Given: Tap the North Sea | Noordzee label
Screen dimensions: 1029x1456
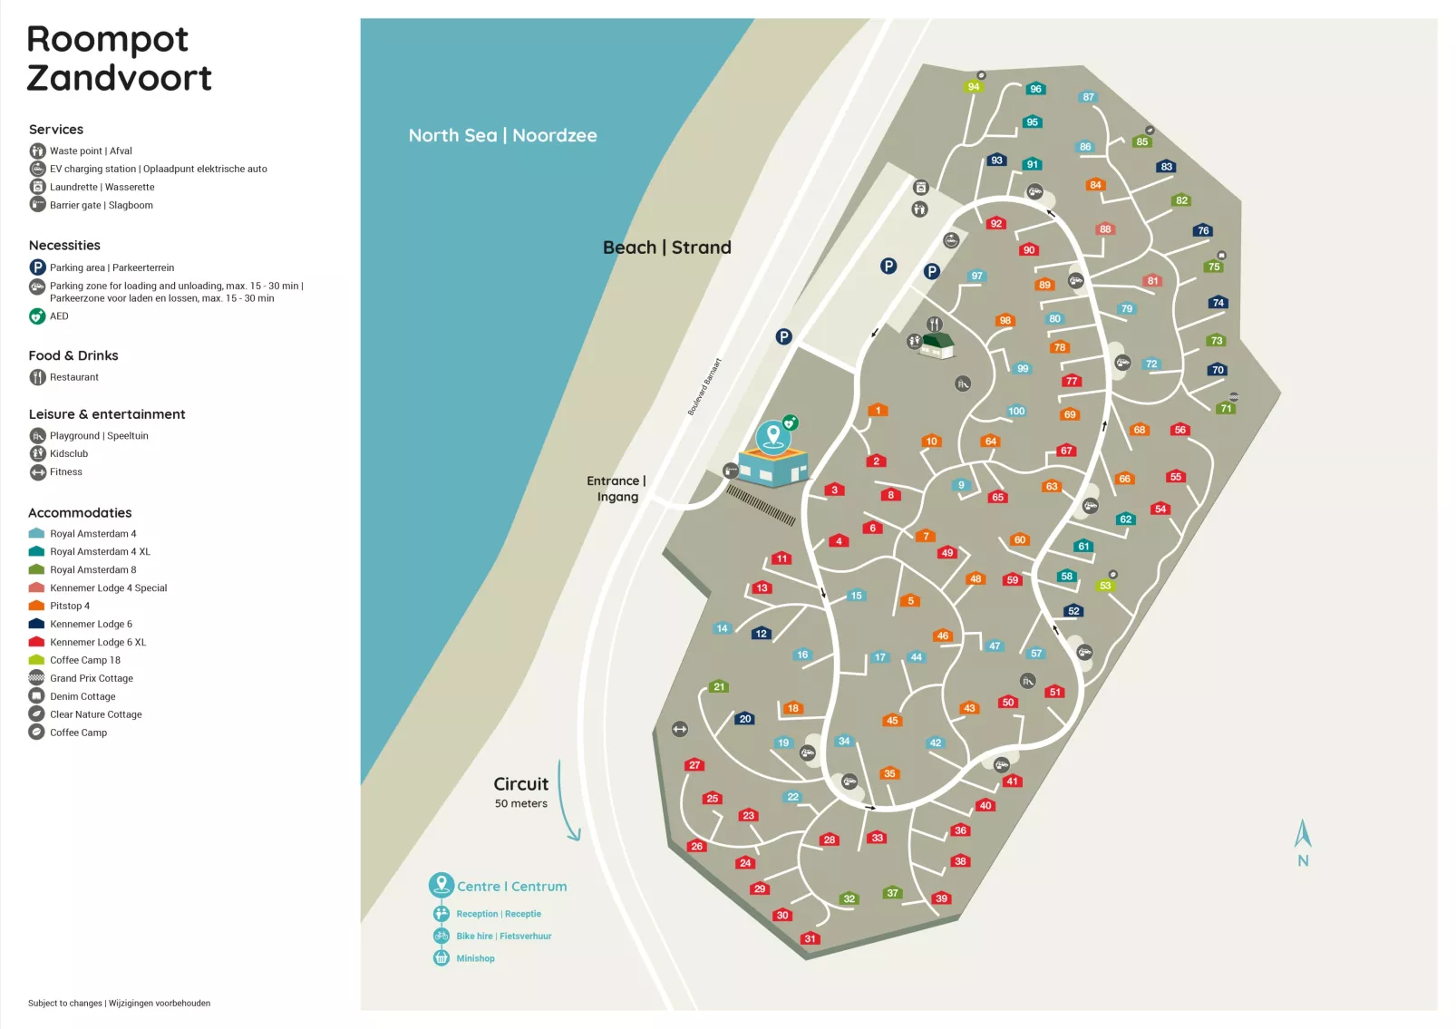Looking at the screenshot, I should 502,135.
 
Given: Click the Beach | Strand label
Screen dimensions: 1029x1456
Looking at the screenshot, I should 666,248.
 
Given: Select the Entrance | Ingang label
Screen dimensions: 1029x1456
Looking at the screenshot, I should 616,489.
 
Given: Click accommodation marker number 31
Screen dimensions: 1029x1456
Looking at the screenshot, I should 810,938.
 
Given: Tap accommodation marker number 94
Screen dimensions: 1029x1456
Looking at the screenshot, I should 973,87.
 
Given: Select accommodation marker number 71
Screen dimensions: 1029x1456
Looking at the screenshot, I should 1226,408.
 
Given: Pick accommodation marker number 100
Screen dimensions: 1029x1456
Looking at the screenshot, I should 1016,411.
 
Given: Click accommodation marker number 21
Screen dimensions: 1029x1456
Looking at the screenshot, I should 719,686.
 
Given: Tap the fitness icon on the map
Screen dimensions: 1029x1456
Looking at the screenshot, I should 680,729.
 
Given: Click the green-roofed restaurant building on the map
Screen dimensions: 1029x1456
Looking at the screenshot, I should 937,345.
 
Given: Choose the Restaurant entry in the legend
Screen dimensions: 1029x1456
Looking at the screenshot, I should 73,377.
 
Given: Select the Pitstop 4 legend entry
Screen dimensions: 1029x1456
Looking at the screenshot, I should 69,606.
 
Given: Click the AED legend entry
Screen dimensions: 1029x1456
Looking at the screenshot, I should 58,316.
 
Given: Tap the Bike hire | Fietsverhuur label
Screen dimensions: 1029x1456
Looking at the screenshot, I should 503,936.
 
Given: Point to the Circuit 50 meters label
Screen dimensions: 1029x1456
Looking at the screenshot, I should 521,791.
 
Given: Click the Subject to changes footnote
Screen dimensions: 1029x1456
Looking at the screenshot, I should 119,1003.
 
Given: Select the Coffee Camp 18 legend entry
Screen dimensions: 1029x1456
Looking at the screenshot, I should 84,660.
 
